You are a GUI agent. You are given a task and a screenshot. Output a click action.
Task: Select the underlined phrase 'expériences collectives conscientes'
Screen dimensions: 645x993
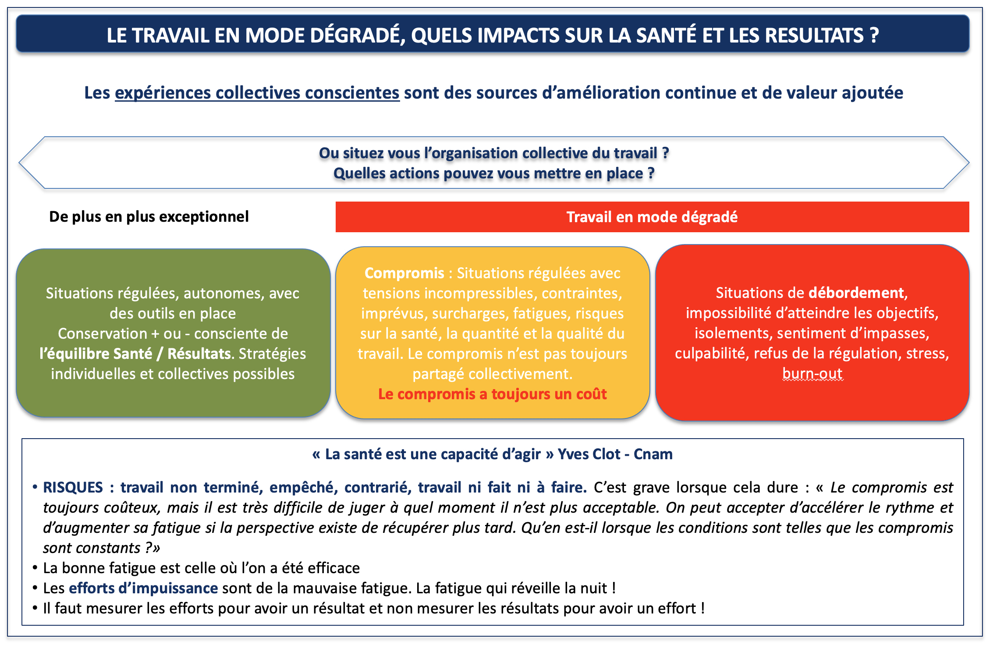click(257, 93)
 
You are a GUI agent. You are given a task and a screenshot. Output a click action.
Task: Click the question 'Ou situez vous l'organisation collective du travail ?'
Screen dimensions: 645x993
click(494, 153)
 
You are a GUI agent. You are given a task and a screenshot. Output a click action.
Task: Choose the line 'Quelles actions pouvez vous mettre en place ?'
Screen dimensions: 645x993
click(494, 174)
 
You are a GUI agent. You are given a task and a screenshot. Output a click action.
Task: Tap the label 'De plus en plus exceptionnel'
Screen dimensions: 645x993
click(149, 216)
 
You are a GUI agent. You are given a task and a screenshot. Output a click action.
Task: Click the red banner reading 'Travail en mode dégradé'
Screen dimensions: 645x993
click(652, 217)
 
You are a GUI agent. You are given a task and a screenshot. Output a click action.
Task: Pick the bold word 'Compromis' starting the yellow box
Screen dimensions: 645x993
click(404, 273)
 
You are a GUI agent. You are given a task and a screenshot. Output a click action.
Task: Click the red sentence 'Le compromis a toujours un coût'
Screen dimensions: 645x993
click(493, 394)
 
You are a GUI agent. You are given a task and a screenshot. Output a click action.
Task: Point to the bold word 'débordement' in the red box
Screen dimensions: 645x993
click(856, 293)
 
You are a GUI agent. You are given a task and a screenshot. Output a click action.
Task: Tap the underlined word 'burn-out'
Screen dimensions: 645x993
click(812, 373)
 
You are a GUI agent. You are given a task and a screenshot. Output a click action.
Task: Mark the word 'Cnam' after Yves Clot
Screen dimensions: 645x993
click(653, 454)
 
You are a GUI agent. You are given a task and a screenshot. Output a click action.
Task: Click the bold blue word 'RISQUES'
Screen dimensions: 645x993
click(73, 487)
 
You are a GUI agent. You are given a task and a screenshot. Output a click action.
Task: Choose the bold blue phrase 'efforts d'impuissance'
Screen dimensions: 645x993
click(143, 588)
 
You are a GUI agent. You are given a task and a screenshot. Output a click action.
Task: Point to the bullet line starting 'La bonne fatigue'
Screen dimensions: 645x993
click(202, 568)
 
